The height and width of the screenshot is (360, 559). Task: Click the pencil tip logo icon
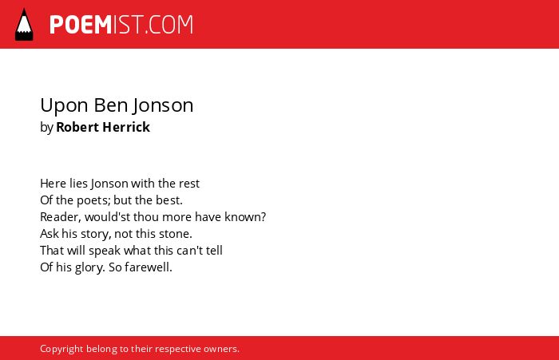tap(24, 25)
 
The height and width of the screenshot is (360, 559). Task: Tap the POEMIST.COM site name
tap(121, 25)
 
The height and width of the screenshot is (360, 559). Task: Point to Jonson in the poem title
tap(163, 106)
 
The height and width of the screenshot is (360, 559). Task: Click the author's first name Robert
tap(77, 127)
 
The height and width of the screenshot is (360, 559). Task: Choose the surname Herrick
tap(126, 127)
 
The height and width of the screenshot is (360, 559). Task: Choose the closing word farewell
tap(149, 267)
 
